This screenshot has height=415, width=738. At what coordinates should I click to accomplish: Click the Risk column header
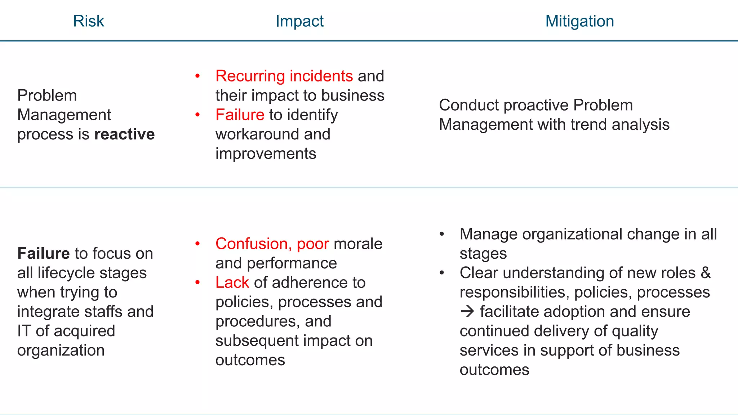(x=88, y=21)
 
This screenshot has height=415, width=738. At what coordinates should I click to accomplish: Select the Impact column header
(x=299, y=21)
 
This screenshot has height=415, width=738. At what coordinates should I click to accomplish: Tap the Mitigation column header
(x=579, y=21)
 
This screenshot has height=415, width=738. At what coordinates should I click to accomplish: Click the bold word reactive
(x=124, y=134)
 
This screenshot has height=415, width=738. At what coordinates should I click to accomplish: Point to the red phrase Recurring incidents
(x=284, y=76)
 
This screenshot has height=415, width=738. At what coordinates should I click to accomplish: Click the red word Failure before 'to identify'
(x=240, y=115)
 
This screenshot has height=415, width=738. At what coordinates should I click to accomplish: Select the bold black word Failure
(x=43, y=254)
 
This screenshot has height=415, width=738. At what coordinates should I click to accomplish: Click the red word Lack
(x=232, y=282)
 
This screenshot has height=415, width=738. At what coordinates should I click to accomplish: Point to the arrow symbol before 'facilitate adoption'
(x=467, y=312)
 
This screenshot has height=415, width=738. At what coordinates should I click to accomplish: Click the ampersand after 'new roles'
(x=706, y=273)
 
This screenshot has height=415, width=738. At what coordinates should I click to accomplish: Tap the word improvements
(x=266, y=154)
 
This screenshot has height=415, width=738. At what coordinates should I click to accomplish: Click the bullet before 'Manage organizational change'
(x=442, y=234)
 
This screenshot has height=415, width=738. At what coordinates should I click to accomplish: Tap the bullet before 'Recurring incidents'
(x=197, y=76)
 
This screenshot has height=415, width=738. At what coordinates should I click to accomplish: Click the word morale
(x=358, y=244)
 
